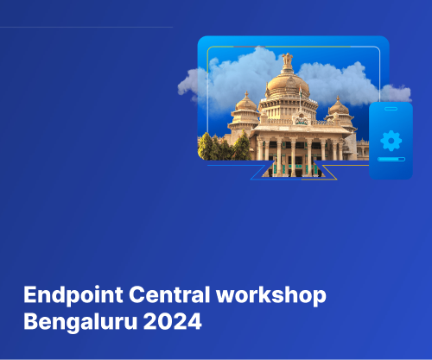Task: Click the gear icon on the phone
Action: pyautogui.click(x=391, y=140)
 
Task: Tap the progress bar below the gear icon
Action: pyautogui.click(x=391, y=160)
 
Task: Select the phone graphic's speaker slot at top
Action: pyautogui.click(x=391, y=110)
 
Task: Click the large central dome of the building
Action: pyautogui.click(x=289, y=85)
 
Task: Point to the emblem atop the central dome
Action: pyautogui.click(x=289, y=60)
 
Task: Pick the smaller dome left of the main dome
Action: pyautogui.click(x=246, y=105)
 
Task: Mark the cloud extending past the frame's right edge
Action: pyautogui.click(x=396, y=92)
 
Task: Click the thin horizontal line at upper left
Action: pyautogui.click(x=86, y=27)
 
